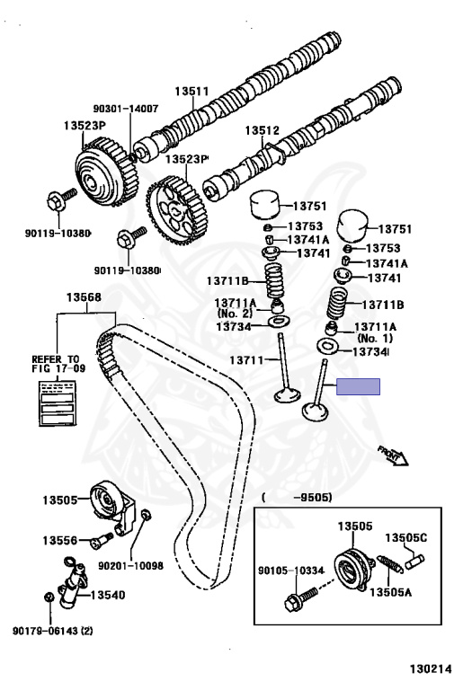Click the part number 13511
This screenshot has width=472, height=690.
191,91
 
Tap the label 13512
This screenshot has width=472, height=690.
262,130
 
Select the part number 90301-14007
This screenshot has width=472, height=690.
126,108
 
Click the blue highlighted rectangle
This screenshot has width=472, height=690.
358,387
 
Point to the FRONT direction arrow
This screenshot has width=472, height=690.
393,456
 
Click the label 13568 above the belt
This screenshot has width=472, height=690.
84,297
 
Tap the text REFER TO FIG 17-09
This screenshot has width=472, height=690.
58,364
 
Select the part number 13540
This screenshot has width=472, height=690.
108,595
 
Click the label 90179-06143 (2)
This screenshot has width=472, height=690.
53,631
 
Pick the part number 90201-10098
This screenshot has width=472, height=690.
130,565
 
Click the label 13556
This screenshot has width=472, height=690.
60,540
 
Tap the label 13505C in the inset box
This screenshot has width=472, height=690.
406,538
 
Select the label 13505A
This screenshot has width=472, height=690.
390,592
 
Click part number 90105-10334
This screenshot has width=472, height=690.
290,571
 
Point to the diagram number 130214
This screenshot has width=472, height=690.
431,668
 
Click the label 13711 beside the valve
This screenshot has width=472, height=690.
246,360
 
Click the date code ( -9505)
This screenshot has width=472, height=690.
297,498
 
